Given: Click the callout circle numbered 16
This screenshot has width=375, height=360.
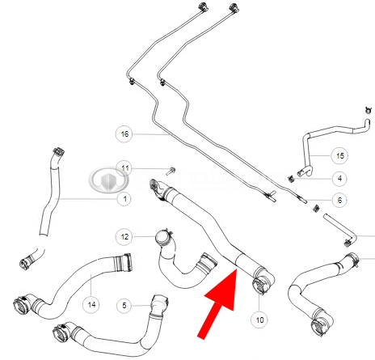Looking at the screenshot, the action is tap(124, 133).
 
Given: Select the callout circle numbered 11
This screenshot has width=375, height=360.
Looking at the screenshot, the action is tap(124, 169).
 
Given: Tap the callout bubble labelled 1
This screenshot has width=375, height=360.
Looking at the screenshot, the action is tap(124, 199).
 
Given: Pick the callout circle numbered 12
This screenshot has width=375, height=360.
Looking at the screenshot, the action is tap(124, 237).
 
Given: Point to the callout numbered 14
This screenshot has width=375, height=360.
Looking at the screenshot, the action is tap(91, 305).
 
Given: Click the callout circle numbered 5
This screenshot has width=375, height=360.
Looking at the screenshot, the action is tap(124, 306).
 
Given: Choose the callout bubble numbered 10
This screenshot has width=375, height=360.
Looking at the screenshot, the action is tap(259, 320).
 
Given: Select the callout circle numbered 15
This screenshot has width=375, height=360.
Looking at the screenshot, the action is tap(339, 155).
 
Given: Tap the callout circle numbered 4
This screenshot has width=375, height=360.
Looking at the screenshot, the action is tap(339, 179).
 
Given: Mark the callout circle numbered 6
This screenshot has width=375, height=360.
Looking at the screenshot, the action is tap(339, 200).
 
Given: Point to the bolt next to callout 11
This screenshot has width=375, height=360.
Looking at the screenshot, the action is tap(171, 171).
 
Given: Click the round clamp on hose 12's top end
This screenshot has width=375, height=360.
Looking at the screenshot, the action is tap(164, 237).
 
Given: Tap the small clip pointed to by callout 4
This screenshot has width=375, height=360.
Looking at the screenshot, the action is tap(290, 179).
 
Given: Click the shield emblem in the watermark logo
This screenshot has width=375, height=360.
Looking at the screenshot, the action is tap(108, 180).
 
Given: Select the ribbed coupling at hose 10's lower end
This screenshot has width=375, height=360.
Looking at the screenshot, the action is tap(259, 286).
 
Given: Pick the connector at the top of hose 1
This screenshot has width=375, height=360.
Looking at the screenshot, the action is tap(57, 153).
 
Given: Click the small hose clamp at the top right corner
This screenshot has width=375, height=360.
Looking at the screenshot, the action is tap(369, 110).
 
